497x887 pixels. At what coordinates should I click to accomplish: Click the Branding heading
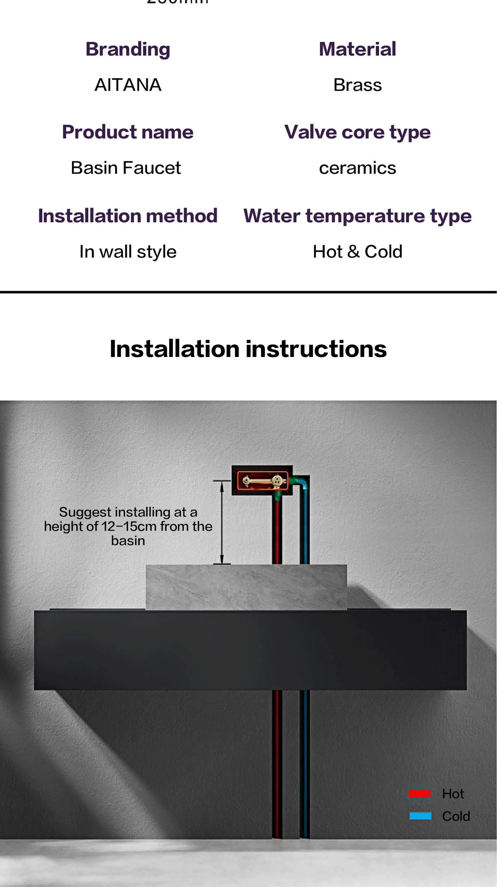tap(128, 49)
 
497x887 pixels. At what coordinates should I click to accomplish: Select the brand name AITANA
tap(128, 85)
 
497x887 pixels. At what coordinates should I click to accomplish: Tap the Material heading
tap(357, 49)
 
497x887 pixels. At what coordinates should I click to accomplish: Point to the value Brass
tap(357, 85)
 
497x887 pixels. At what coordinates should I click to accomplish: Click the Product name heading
tap(128, 132)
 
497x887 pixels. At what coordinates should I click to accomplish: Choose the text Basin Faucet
tap(126, 168)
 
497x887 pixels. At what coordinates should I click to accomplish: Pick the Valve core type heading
tap(357, 132)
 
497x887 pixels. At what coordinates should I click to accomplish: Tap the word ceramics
tap(357, 168)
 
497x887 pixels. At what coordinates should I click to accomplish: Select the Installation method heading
tap(128, 215)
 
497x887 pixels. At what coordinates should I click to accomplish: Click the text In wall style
tap(128, 252)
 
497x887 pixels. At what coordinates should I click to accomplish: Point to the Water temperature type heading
tap(357, 215)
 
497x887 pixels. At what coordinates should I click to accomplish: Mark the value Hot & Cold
tap(357, 251)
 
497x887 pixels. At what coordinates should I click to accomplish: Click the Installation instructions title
tap(248, 349)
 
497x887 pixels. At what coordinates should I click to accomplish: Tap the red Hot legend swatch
tap(419, 794)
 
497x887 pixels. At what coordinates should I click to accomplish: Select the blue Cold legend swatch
tap(420, 816)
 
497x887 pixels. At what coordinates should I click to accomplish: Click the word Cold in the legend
tap(456, 816)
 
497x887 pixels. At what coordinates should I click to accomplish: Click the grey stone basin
tap(246, 587)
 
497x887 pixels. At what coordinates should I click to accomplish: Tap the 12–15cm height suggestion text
tap(128, 526)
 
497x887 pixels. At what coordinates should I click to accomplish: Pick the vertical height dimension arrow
tap(222, 522)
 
